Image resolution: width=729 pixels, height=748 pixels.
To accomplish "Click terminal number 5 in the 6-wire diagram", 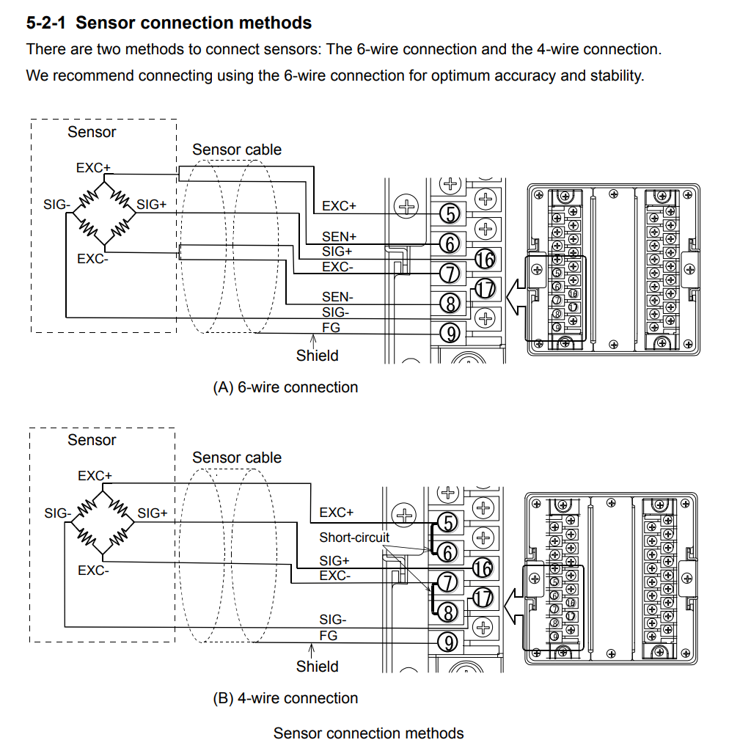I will point(450,213).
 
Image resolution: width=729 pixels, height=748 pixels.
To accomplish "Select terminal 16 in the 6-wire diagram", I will point(484,258).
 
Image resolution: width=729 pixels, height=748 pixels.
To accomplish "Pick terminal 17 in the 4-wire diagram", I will point(482,597).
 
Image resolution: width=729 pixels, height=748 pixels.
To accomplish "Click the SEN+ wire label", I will point(339,237).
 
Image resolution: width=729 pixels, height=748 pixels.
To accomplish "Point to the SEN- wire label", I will point(337,297).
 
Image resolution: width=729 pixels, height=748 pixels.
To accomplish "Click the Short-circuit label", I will point(354,538).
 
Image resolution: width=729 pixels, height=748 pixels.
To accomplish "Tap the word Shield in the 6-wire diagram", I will point(317,356).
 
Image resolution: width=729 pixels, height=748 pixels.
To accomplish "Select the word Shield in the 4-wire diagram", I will point(317,667).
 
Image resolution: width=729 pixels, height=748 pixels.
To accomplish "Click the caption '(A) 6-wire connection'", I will point(285,387).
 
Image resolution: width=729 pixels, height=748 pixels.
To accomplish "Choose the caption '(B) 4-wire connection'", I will point(285,698).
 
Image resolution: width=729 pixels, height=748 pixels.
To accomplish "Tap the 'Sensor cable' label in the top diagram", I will point(237,150).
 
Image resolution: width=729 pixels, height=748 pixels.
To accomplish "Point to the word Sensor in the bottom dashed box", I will point(92,440).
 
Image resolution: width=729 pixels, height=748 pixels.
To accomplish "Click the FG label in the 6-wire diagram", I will point(331,328).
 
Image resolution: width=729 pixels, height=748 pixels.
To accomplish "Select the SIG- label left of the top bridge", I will point(56,205).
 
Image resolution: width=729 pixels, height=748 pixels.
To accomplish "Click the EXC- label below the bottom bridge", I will point(93,570).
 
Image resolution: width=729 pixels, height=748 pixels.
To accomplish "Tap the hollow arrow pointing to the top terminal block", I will point(516,293).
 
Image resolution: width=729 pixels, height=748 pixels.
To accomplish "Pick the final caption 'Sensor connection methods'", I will point(368,733).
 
